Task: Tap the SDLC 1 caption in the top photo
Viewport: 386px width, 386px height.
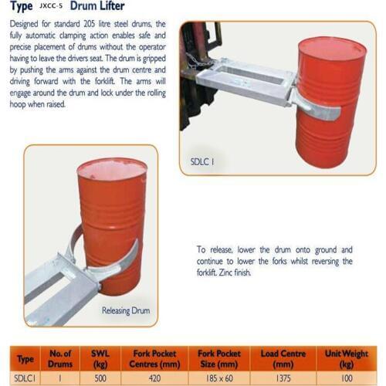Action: point(201,161)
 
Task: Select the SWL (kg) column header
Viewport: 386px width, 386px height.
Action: point(101,358)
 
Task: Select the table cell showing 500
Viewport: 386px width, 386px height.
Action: point(101,378)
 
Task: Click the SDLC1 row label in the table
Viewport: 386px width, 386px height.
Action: point(25,378)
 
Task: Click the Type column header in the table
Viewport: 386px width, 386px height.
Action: point(25,359)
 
